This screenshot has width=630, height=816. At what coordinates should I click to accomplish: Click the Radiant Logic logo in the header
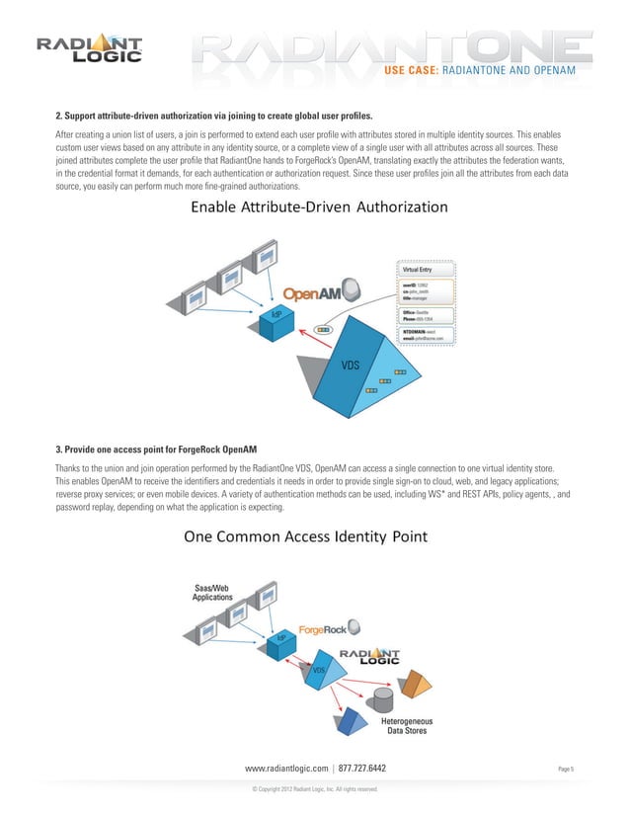pyautogui.click(x=90, y=48)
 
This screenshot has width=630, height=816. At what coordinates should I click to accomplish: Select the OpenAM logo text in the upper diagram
pyautogui.click(x=313, y=294)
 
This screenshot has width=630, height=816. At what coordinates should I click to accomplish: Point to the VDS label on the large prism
pyautogui.click(x=350, y=366)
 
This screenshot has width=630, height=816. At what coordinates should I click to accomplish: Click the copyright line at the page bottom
pyautogui.click(x=316, y=789)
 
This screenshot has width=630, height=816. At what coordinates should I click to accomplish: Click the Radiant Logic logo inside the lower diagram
pyautogui.click(x=369, y=658)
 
